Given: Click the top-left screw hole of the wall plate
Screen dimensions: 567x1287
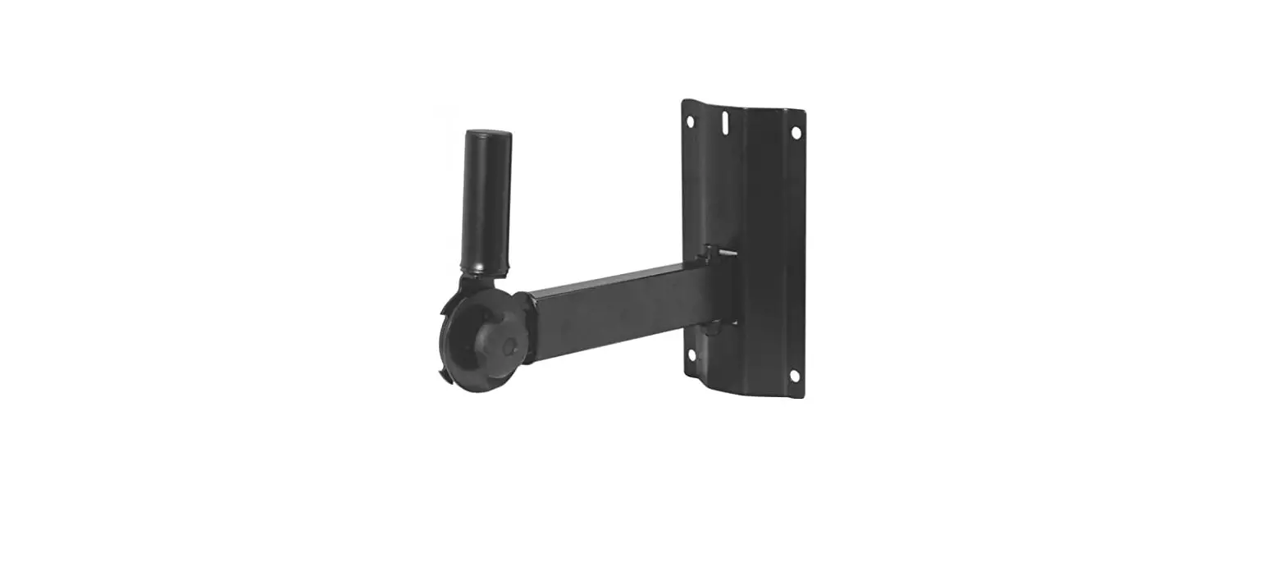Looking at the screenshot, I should pos(690,121).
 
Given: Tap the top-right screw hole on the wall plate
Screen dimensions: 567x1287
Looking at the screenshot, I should pos(795,131).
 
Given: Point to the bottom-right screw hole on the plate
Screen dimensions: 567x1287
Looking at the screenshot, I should pos(794,376).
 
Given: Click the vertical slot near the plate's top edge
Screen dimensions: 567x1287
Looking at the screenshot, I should pos(724,121).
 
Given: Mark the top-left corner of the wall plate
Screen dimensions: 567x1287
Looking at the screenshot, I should pos(683,102).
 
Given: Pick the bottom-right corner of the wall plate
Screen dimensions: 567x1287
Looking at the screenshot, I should pos(803,398).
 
